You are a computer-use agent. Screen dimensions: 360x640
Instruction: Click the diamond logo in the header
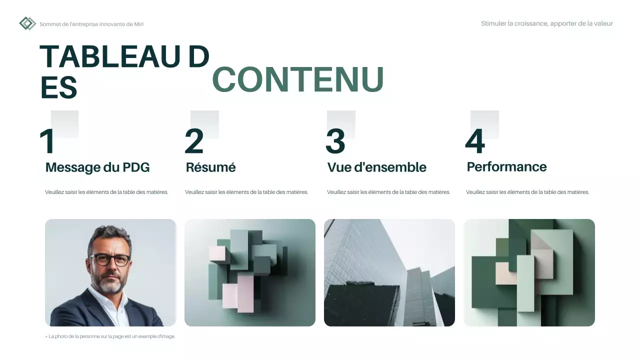point(27,23)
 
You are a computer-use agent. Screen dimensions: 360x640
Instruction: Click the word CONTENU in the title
point(298,80)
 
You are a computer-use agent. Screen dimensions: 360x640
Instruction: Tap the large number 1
point(47,141)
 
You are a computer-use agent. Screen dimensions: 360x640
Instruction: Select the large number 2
point(194,141)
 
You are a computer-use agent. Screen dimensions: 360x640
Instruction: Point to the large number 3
point(335,141)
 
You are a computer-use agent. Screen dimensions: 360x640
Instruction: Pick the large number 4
point(474,141)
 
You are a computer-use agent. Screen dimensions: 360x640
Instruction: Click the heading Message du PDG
point(97,167)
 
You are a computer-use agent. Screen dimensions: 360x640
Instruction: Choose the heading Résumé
point(210,167)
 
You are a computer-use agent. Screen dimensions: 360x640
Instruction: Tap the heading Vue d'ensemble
point(376,167)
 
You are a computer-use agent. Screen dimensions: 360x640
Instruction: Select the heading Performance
point(506,167)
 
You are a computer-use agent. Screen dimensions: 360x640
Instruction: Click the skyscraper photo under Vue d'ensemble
point(389,272)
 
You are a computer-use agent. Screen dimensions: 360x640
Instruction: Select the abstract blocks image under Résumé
point(250,272)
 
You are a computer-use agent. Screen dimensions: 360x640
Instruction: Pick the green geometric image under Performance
point(529,272)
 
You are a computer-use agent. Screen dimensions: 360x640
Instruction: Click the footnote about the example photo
point(111,336)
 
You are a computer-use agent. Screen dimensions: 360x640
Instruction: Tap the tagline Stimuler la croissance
point(546,23)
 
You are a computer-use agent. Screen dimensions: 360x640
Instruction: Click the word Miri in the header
point(138,24)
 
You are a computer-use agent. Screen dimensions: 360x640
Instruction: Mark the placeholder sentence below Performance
point(527,192)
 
